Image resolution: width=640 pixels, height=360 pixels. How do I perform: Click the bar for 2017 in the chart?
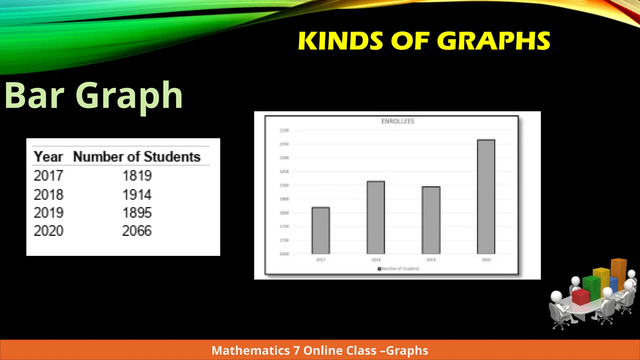click(321, 231)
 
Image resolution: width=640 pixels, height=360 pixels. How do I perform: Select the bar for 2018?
click(376, 217)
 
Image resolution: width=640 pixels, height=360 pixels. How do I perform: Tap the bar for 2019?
click(431, 220)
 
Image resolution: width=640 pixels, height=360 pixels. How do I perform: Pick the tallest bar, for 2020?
click(486, 197)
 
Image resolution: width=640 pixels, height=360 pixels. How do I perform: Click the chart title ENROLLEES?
click(397, 121)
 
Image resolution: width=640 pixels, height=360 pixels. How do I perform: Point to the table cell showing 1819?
click(137, 176)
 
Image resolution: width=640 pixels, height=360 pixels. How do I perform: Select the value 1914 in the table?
click(137, 195)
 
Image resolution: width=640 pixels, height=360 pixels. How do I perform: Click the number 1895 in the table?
click(137, 213)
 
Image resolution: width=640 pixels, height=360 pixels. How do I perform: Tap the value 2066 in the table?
click(137, 231)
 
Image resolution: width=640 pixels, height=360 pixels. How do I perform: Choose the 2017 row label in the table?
click(48, 176)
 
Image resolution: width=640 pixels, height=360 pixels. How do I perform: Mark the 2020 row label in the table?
click(48, 231)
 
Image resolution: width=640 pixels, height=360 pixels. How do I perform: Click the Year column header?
click(48, 157)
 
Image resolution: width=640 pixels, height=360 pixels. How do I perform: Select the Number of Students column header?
click(137, 157)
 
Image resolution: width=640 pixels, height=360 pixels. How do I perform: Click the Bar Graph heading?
click(94, 95)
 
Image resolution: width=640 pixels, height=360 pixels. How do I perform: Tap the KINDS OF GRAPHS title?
click(424, 41)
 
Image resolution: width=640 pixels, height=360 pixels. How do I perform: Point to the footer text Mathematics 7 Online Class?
click(320, 351)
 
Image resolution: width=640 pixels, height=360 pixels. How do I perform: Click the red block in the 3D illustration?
click(581, 297)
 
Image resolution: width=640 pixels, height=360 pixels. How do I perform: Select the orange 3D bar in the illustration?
click(619, 270)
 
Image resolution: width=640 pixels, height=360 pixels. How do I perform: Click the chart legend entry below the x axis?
click(398, 269)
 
